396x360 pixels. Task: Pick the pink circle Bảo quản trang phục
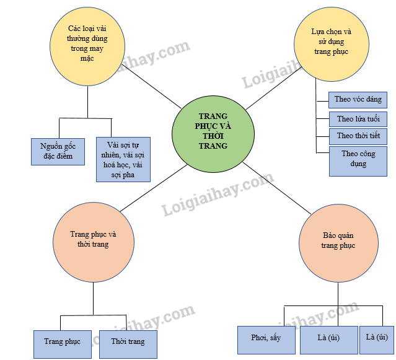click(338, 241)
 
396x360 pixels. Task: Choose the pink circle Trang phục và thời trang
click(93, 239)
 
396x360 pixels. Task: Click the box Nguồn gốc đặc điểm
click(58, 151)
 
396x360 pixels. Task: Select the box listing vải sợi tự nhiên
click(123, 159)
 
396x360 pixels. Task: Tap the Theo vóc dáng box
click(358, 99)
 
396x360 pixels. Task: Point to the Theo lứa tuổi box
click(358, 118)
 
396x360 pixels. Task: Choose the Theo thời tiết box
click(358, 135)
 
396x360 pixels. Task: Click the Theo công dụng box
click(358, 159)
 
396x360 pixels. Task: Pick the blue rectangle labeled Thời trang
click(128, 341)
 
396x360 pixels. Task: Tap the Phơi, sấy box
click(266, 338)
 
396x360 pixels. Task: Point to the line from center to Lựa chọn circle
click(273, 90)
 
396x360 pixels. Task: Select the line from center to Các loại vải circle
click(149, 87)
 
